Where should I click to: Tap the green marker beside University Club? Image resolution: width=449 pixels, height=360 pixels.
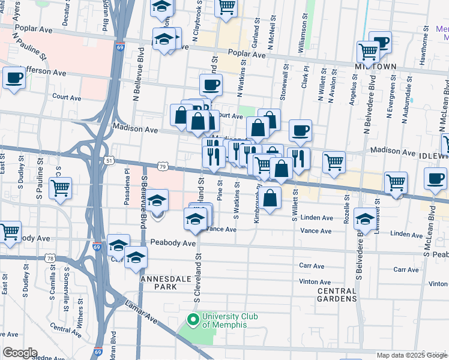193,319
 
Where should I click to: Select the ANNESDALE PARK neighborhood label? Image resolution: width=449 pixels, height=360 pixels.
158,283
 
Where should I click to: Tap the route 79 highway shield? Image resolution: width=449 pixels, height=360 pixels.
163,166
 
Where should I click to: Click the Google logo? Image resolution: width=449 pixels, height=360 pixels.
20,353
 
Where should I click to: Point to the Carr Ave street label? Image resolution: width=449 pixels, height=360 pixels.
312,266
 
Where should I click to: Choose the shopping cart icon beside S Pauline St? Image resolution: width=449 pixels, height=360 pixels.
60,187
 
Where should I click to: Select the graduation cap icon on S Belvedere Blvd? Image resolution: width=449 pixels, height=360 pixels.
365,220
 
